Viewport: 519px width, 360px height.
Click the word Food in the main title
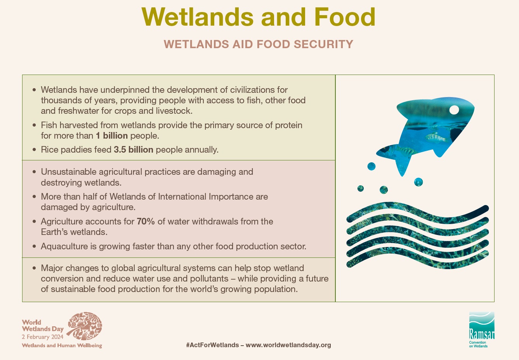[x=345, y=17]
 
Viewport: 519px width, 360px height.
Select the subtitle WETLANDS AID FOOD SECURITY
[x=259, y=44]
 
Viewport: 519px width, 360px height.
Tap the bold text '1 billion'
[x=112, y=136]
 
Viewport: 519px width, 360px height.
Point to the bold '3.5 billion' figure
[x=134, y=150]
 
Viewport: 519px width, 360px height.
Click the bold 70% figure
[x=146, y=221]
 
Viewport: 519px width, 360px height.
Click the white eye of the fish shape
[x=454, y=110]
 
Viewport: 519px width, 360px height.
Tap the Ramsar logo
[x=482, y=329]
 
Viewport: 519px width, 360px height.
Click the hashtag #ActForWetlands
[x=212, y=345]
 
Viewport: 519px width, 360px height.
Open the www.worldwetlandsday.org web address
[x=288, y=345]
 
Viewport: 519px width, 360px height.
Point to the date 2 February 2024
[x=43, y=337]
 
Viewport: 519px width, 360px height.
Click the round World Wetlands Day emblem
[x=85, y=326]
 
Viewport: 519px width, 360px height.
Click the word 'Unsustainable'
[x=68, y=172]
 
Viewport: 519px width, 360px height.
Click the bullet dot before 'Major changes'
[x=34, y=268]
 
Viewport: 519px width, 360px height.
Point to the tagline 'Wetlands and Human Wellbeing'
[x=62, y=345]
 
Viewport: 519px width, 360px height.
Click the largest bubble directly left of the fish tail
[x=371, y=166]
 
